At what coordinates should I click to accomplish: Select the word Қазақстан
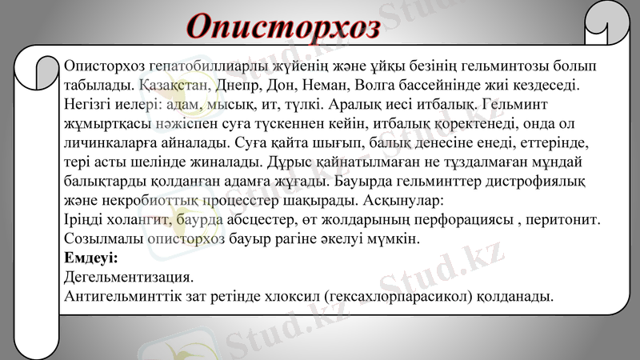coord(174,84)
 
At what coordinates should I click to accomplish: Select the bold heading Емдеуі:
coord(90,258)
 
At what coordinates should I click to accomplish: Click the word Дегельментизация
coord(128,278)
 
